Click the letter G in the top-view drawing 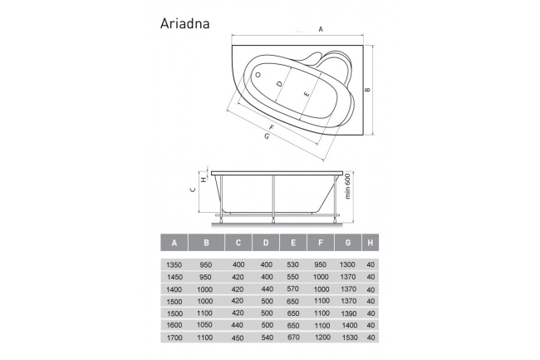266,136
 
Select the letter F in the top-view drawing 271,126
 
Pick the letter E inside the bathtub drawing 307,95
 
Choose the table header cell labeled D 266,243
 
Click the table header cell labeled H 370,243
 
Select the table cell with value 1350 174,264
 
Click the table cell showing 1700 174,338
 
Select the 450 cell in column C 237,338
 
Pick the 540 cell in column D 266,338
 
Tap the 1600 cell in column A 174,326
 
